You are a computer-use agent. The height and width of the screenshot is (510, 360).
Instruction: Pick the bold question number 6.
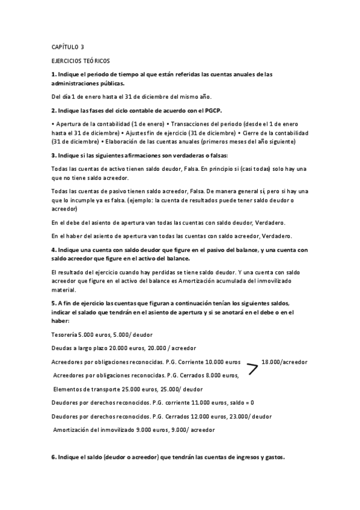coord(53,458)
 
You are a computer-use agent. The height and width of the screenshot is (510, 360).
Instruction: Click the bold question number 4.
coord(53,249)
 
